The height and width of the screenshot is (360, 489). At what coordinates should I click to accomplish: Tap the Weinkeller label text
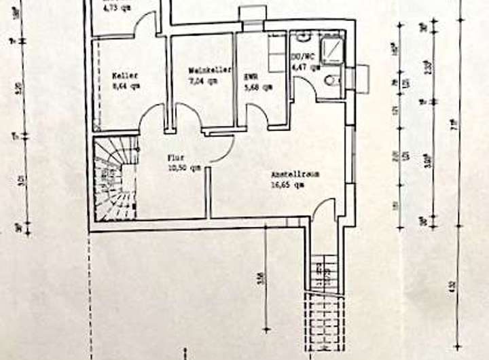pos(211,70)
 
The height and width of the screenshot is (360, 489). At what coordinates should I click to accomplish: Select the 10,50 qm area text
pos(184,167)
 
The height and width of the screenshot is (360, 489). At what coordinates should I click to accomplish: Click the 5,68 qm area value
pos(258,86)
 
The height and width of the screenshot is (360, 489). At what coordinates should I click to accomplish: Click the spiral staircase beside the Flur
pos(113,179)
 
